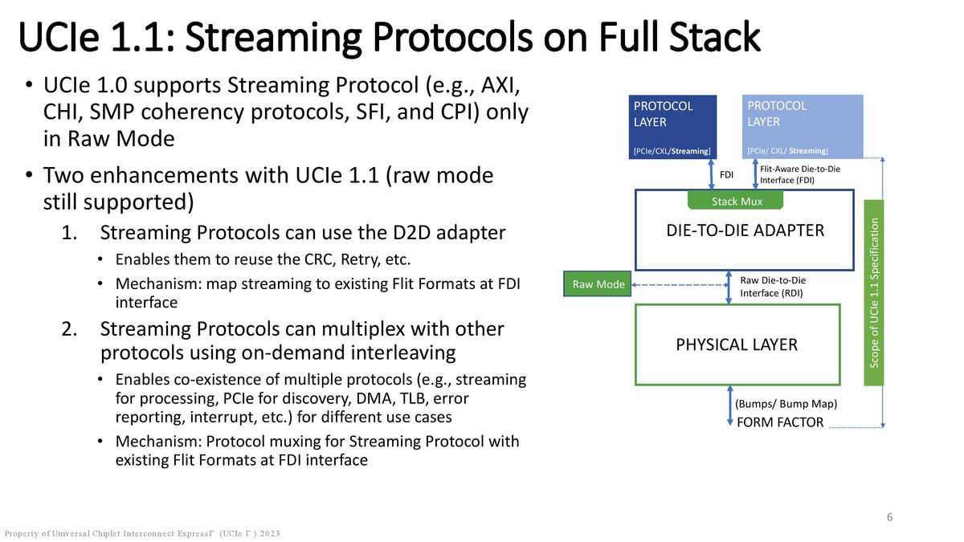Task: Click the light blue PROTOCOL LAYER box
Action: [x=803, y=126]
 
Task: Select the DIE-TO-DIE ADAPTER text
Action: [x=745, y=230]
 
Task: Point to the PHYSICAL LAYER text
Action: [x=737, y=344]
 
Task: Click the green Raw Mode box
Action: [x=598, y=284]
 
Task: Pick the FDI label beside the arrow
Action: [x=726, y=174]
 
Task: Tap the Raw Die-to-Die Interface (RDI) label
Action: [x=772, y=287]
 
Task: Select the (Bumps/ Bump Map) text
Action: [x=786, y=404]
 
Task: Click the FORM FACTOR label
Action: [x=780, y=422]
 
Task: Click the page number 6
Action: [x=889, y=517]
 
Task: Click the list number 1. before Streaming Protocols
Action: [x=70, y=233]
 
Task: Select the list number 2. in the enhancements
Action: [x=70, y=329]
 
